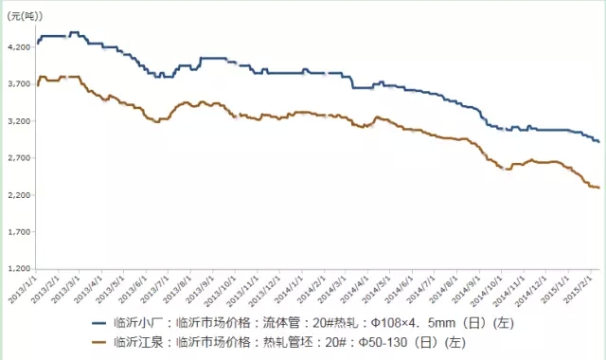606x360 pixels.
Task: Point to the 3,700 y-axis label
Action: click(18, 84)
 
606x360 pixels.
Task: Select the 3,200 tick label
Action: click(18, 121)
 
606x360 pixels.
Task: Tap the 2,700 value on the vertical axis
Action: click(18, 158)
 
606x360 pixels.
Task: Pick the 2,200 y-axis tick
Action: click(18, 195)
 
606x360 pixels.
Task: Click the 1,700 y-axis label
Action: click(18, 232)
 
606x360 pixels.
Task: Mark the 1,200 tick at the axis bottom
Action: click(18, 269)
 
